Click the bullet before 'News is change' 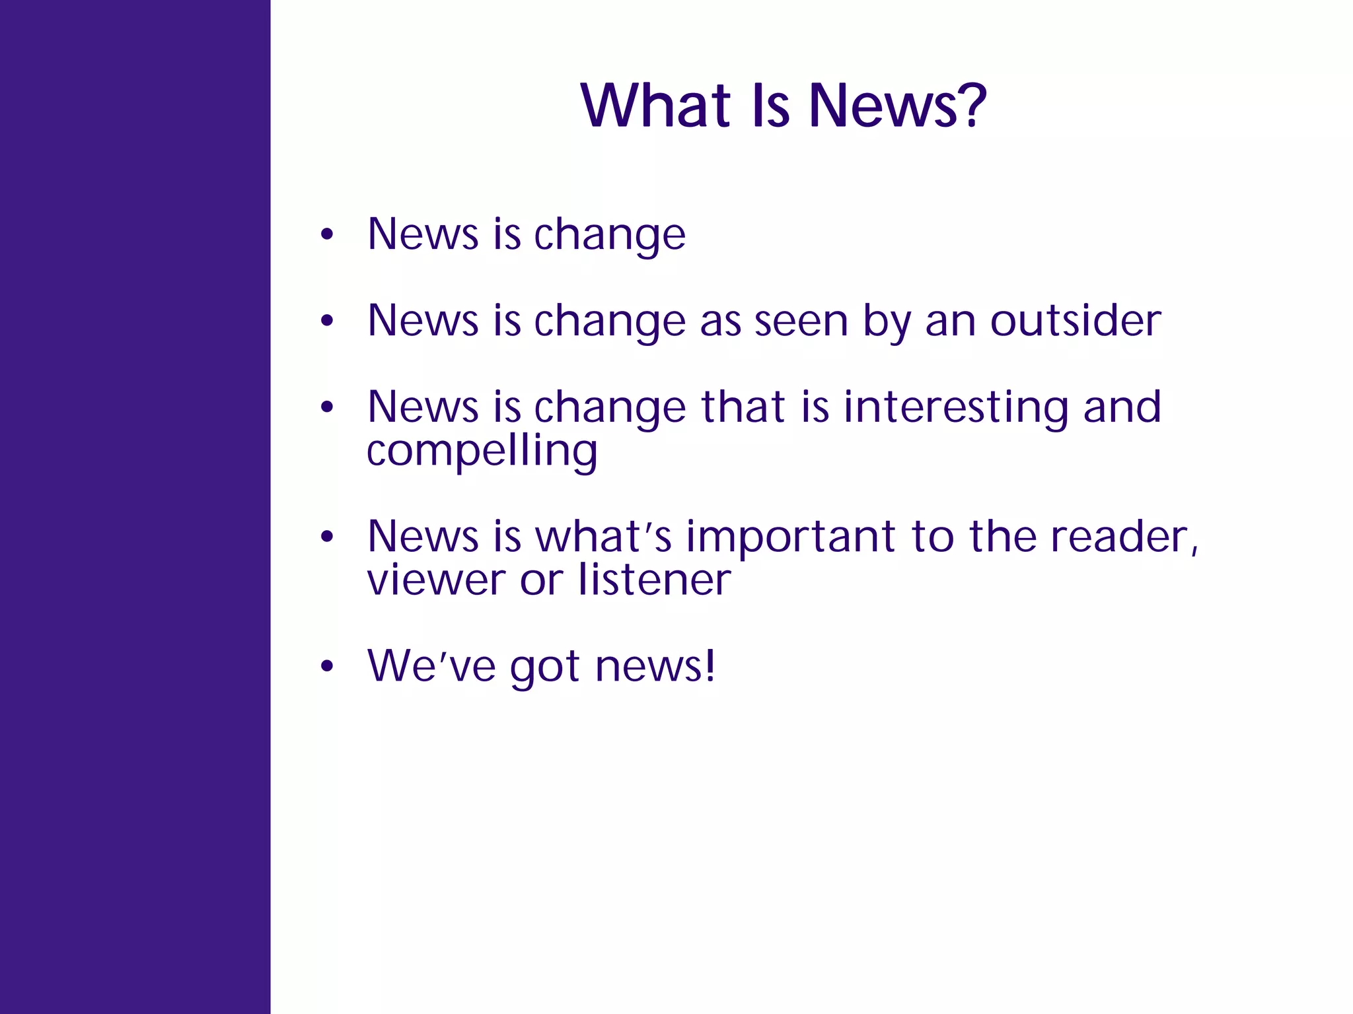[x=326, y=235]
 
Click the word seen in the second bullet [x=801, y=321]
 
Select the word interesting [x=955, y=407]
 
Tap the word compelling [x=482, y=452]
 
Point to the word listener [x=654, y=580]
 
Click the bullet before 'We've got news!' [x=326, y=667]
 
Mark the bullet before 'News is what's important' [x=326, y=537]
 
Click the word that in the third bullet [x=742, y=407]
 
